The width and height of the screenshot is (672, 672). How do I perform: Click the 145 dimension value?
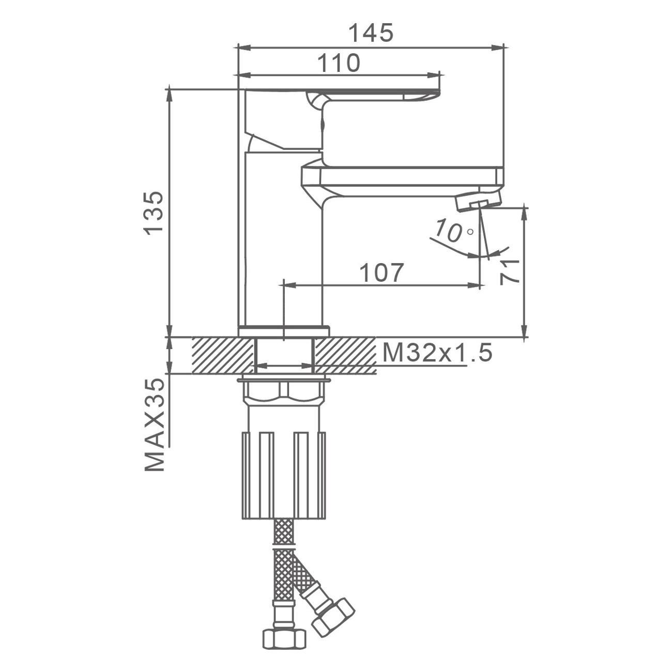pyautogui.click(x=371, y=33)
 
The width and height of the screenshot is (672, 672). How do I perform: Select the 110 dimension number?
pyautogui.click(x=339, y=63)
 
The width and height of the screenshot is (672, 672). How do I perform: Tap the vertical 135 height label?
pyautogui.click(x=154, y=213)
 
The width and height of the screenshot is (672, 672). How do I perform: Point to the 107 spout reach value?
pyautogui.click(x=381, y=273)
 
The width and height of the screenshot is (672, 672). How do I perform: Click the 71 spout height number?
pyautogui.click(x=509, y=272)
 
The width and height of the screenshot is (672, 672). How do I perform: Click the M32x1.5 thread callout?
pyautogui.click(x=437, y=353)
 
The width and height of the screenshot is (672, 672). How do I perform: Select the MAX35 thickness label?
pyautogui.click(x=154, y=425)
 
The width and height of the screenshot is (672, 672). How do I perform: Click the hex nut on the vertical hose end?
pyautogui.click(x=284, y=619)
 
